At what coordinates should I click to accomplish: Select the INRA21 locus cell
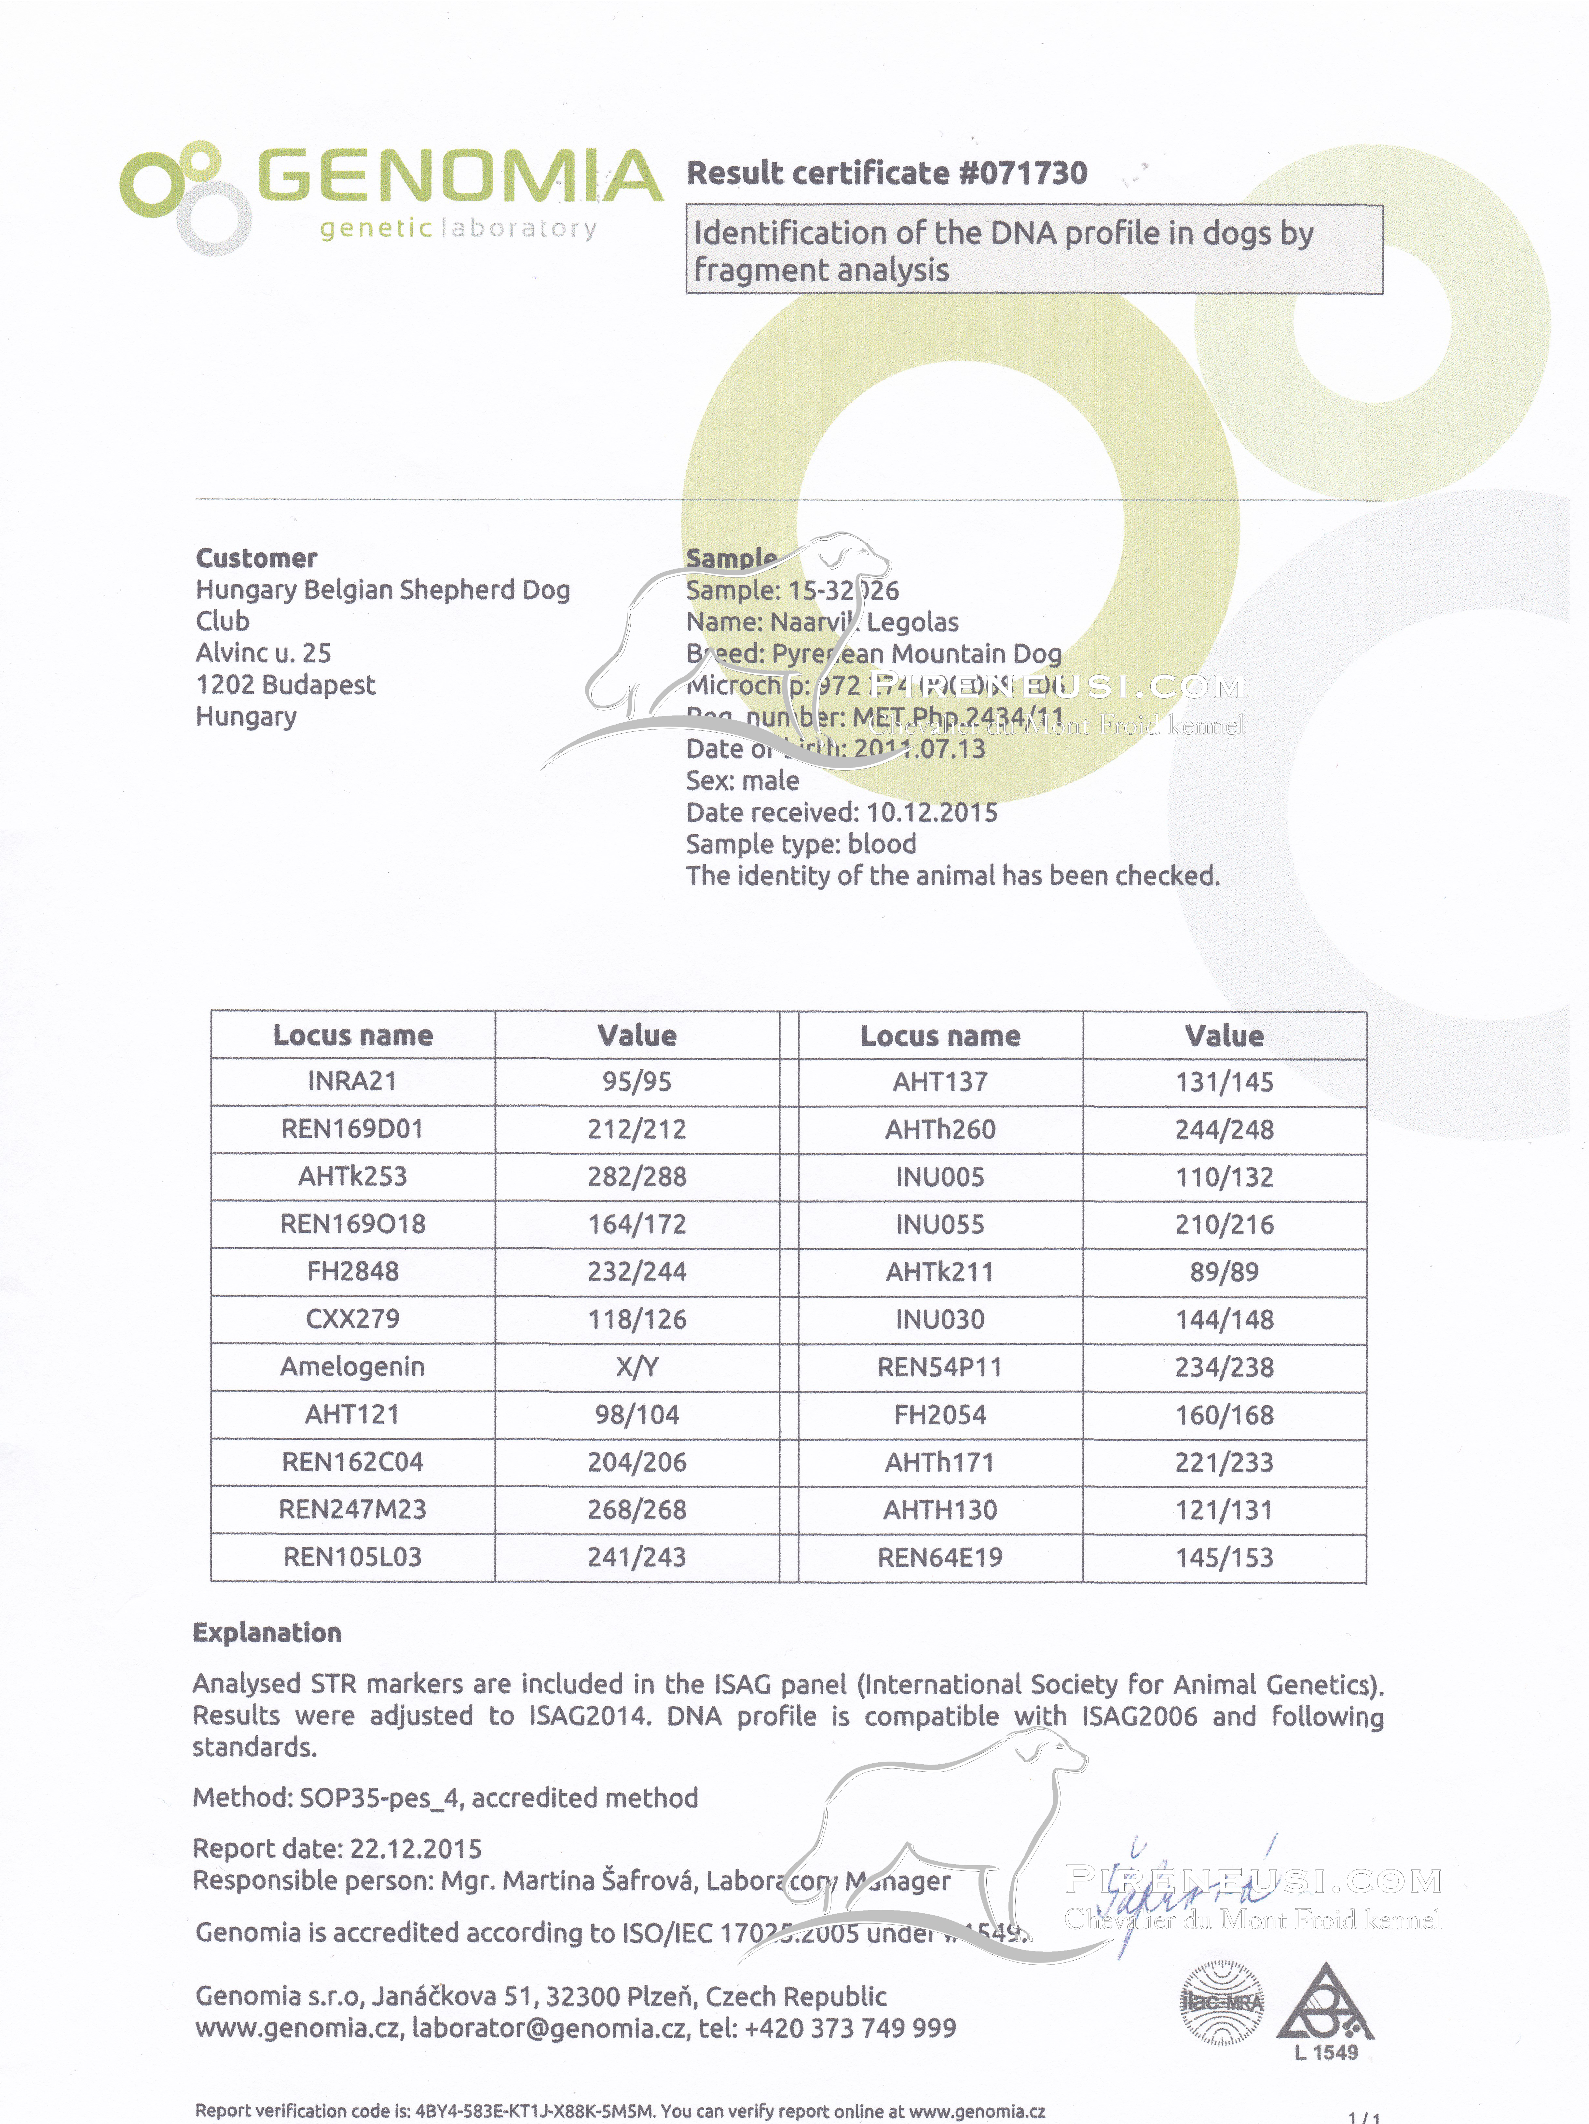tap(352, 1081)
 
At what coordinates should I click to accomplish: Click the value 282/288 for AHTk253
tap(637, 1176)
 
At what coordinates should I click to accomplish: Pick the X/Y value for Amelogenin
tap(637, 1367)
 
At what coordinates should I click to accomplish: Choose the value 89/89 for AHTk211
tap(1224, 1271)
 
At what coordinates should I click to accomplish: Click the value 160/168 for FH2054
tap(1224, 1414)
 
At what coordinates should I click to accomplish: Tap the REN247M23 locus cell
tap(352, 1509)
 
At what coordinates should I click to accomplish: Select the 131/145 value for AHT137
tap(1224, 1082)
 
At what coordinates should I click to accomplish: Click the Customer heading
tap(256, 558)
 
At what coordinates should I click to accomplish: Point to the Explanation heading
tap(267, 1632)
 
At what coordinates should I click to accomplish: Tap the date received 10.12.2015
tap(931, 812)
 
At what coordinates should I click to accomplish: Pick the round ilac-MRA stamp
tap(1222, 2002)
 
